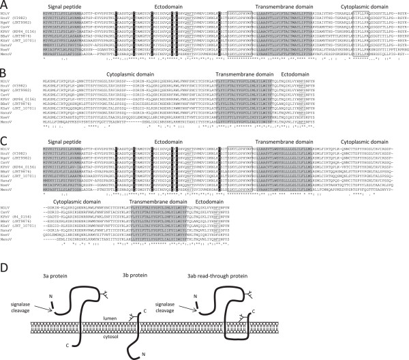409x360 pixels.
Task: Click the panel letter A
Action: coord(5,6)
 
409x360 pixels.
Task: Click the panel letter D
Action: coord(5,256)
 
